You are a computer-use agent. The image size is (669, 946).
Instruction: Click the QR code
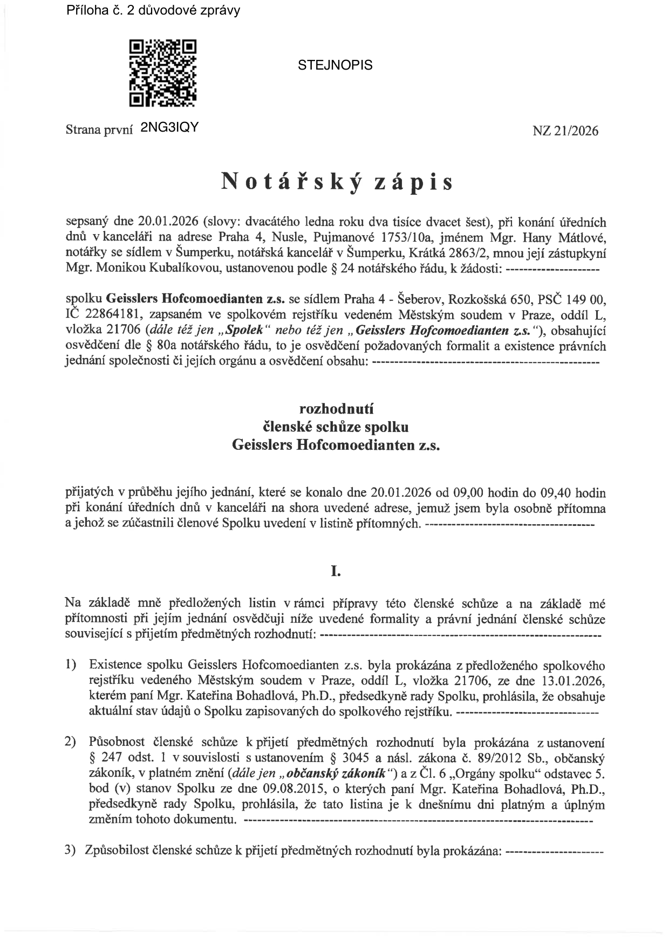pyautogui.click(x=162, y=73)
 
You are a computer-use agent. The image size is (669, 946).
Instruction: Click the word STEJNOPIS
pyautogui.click(x=335, y=65)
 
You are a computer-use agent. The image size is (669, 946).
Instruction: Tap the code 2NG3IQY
pyautogui.click(x=169, y=127)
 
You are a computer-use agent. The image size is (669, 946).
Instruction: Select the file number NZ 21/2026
pyautogui.click(x=565, y=131)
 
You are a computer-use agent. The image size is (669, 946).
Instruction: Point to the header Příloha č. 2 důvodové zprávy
pyautogui.click(x=153, y=10)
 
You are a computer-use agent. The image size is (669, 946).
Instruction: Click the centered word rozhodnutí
pyautogui.click(x=336, y=409)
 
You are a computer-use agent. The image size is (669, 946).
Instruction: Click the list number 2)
pyautogui.click(x=71, y=742)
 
